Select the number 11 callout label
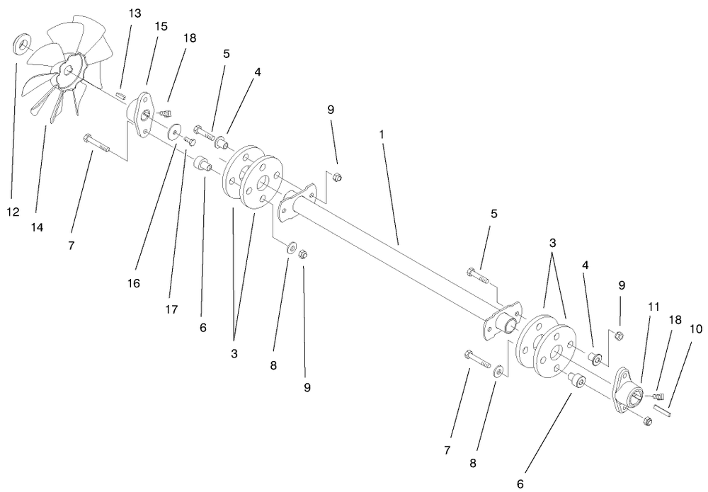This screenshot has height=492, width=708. pyautogui.click(x=653, y=307)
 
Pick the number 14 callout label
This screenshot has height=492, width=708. pyautogui.click(x=38, y=227)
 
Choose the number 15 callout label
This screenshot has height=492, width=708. pyautogui.click(x=161, y=26)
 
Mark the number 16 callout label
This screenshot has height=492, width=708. pyautogui.click(x=134, y=283)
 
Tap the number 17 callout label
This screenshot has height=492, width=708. pyautogui.click(x=171, y=309)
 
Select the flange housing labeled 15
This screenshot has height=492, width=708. pyautogui.click(x=142, y=113)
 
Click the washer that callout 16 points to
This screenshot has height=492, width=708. pyautogui.click(x=173, y=134)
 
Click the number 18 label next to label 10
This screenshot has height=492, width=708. pyautogui.click(x=675, y=320)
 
